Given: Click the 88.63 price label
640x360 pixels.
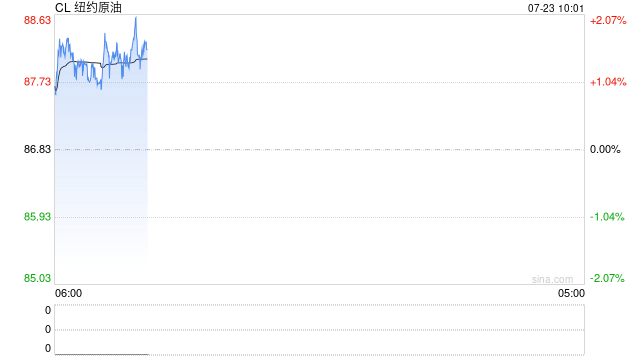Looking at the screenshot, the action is click(37, 20).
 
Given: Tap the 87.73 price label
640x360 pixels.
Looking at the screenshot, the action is click(37, 82).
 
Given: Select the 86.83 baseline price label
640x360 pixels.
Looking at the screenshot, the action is click(37, 149).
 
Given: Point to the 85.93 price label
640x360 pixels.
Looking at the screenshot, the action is click(37, 216).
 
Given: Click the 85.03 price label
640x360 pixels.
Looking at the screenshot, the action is click(37, 278).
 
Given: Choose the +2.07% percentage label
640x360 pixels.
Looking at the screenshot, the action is click(608, 20).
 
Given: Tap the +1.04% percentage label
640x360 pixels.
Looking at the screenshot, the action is click(608, 82).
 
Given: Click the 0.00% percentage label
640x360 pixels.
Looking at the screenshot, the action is click(605, 149).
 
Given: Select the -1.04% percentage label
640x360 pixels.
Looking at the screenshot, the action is click(607, 217).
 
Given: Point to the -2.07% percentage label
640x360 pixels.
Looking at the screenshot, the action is click(607, 278).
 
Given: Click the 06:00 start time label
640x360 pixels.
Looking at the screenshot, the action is click(69, 293).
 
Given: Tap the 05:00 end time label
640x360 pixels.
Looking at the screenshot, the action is click(571, 293).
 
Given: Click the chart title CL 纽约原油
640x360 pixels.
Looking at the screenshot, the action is click(88, 7).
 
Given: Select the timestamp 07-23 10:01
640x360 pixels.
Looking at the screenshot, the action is click(556, 8).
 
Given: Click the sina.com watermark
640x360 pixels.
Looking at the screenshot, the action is click(552, 279).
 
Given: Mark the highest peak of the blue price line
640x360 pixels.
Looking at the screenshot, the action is click(136, 17).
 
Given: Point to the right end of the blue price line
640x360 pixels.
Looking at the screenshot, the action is click(147, 49).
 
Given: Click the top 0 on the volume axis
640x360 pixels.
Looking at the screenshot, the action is click(48, 310).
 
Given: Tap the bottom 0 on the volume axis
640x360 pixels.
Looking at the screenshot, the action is click(48, 348).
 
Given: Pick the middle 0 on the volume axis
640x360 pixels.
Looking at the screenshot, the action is click(48, 329).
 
